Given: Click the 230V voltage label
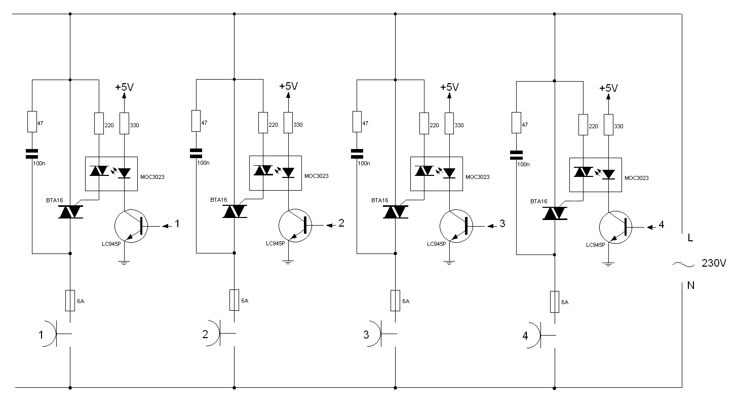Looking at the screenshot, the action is point(714,263).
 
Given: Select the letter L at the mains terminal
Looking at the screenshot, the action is point(690,238).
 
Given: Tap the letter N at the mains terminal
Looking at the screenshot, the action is point(690,285).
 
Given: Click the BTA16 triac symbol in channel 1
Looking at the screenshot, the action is point(70,212).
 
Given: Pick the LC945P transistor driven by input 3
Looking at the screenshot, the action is point(456,226).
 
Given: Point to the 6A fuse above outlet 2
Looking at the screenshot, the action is point(234,300).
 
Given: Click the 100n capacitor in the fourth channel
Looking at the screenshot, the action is point(516,155).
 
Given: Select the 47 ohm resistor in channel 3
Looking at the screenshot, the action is point(357,122).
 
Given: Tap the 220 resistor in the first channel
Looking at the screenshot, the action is point(99,124).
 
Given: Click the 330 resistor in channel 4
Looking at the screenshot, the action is point(608,124).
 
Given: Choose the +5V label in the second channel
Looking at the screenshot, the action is point(288,86).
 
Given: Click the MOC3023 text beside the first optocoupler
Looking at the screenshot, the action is point(152,177).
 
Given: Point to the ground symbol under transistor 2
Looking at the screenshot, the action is point(288,263).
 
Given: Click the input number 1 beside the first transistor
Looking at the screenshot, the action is point(177,224).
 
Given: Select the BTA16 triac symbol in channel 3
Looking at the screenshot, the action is point(396,212).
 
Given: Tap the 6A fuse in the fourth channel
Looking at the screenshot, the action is point(555,302).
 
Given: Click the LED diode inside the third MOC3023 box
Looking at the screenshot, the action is point(449,173).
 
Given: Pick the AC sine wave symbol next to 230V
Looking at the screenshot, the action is point(683,264).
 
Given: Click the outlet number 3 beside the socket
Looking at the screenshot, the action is point(366,335).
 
